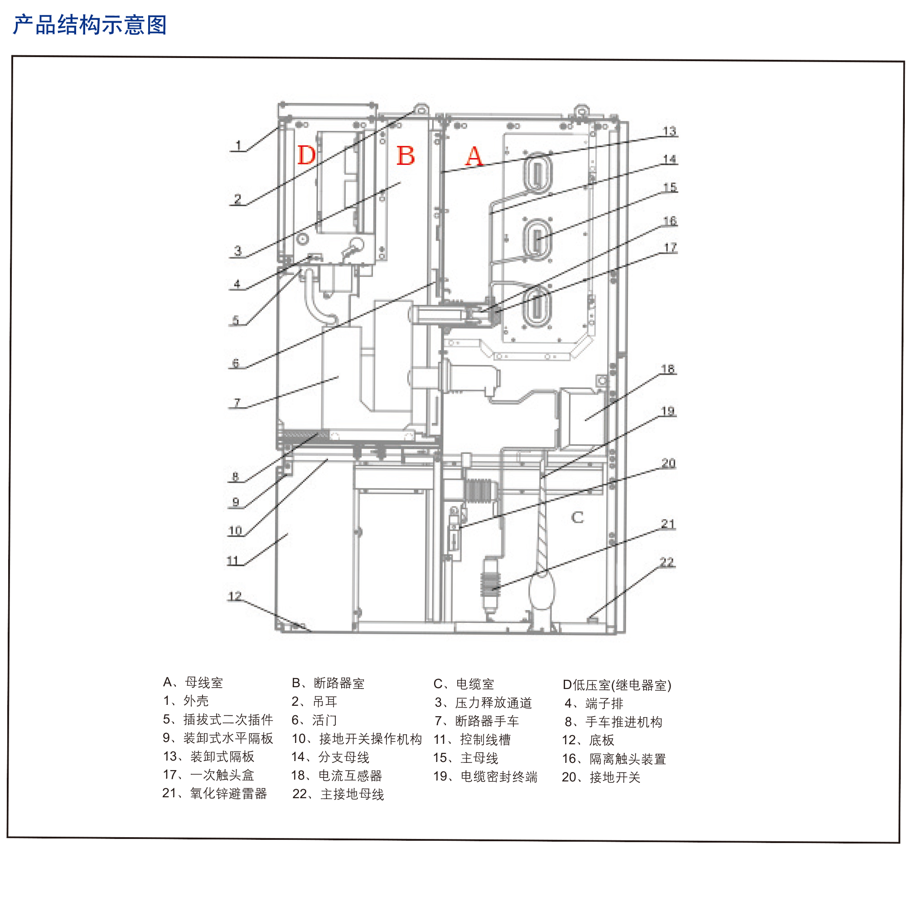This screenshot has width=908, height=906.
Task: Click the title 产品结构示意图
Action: click(x=89, y=24)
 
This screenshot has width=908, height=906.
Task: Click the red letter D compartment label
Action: click(x=306, y=154)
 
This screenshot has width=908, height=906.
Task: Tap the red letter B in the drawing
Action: click(x=405, y=155)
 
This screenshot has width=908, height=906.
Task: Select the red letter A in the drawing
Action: click(x=474, y=156)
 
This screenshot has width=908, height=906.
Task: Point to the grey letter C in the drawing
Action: click(x=577, y=517)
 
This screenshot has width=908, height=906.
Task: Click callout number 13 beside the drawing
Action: click(x=669, y=131)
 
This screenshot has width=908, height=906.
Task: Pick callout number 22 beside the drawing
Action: click(x=667, y=562)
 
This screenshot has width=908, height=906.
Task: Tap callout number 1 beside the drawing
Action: click(x=238, y=146)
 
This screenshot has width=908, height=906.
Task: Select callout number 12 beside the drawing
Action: click(x=235, y=596)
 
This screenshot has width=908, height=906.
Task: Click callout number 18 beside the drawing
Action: click(x=668, y=369)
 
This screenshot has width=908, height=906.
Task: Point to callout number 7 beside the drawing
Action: click(x=237, y=403)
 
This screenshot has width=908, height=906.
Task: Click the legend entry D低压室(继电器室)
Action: click(x=617, y=685)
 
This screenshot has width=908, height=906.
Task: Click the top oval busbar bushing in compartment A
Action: click(x=537, y=172)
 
